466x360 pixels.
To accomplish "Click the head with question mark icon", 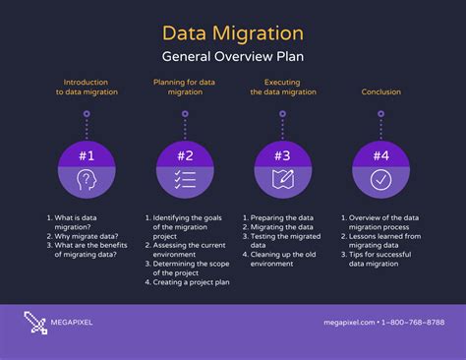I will click(86, 180).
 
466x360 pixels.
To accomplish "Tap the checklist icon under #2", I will click(184, 180).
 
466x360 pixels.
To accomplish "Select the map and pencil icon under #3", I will click(282, 180).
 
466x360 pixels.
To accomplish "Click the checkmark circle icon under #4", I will click(379, 180).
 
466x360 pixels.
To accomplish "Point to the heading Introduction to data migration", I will click(86, 88).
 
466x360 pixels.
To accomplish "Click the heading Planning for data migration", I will click(184, 88).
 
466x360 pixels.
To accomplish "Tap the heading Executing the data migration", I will click(282, 88).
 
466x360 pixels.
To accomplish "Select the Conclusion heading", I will click(379, 91).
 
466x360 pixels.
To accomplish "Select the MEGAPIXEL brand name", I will click(75, 323).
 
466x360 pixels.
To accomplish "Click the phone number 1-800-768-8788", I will click(412, 323).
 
